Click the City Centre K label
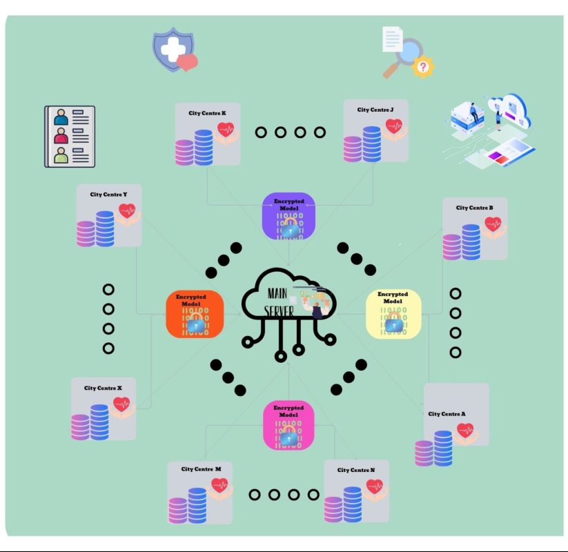tap(207, 113)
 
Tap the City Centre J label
tap(375, 110)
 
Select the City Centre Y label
tap(108, 195)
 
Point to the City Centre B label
tap(474, 208)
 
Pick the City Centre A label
tap(447, 414)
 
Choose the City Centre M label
tap(201, 469)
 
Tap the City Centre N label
tap(356, 470)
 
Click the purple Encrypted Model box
tap(289, 217)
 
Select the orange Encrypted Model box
tap(195, 314)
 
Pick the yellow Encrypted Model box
tap(392, 314)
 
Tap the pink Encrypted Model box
tap(288, 425)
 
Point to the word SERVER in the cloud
tap(278, 311)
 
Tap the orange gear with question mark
tap(423, 68)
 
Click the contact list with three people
tap(70, 137)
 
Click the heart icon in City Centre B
tap(492, 224)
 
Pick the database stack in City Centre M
tap(188, 506)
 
